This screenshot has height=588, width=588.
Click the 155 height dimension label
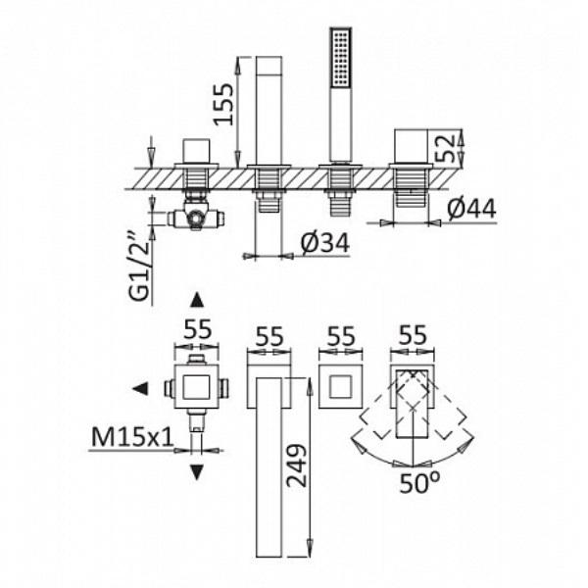coord(223,104)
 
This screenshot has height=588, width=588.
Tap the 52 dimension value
coord(446,148)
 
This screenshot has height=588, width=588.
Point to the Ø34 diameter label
coord(325,243)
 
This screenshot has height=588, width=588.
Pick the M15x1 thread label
coord(132,437)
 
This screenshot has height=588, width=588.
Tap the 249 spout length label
coord(296,465)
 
